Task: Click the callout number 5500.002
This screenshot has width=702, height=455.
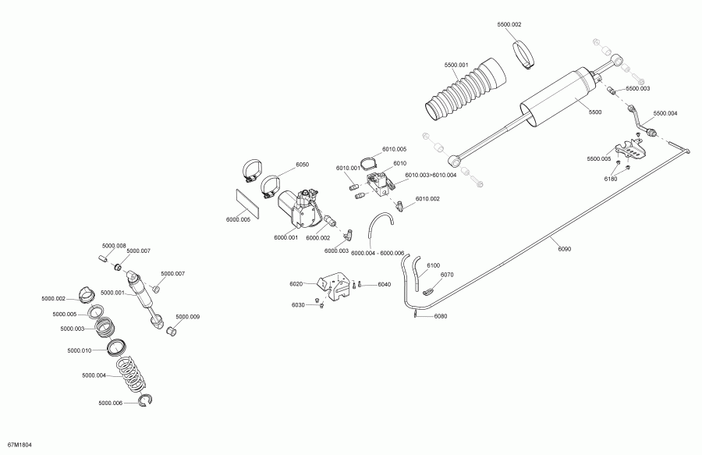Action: point(509,25)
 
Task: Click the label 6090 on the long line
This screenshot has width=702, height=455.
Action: point(565,249)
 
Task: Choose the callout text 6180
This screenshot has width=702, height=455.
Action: point(610,179)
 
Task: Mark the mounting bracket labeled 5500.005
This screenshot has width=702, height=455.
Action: point(629,151)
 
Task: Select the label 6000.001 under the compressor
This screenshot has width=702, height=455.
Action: point(285,237)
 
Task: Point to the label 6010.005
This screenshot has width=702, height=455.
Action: point(395,149)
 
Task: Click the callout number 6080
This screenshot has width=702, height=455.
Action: point(441,316)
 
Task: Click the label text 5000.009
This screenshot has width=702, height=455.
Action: point(187,317)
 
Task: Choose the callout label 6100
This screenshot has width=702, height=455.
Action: point(434,266)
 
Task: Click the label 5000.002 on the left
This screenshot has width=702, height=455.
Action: point(54,298)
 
